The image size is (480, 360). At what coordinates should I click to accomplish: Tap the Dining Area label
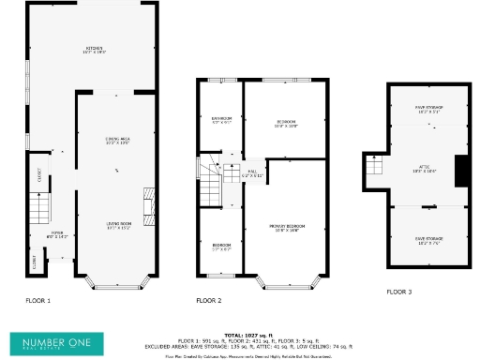[116, 142]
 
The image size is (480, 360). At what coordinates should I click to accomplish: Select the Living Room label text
[116, 225]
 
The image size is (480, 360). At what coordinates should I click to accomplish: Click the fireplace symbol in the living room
[145, 201]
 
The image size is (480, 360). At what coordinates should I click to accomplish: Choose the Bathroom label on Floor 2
[220, 119]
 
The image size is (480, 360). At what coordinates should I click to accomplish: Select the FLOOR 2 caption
[209, 301]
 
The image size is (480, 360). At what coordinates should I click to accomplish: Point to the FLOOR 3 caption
[399, 292]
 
